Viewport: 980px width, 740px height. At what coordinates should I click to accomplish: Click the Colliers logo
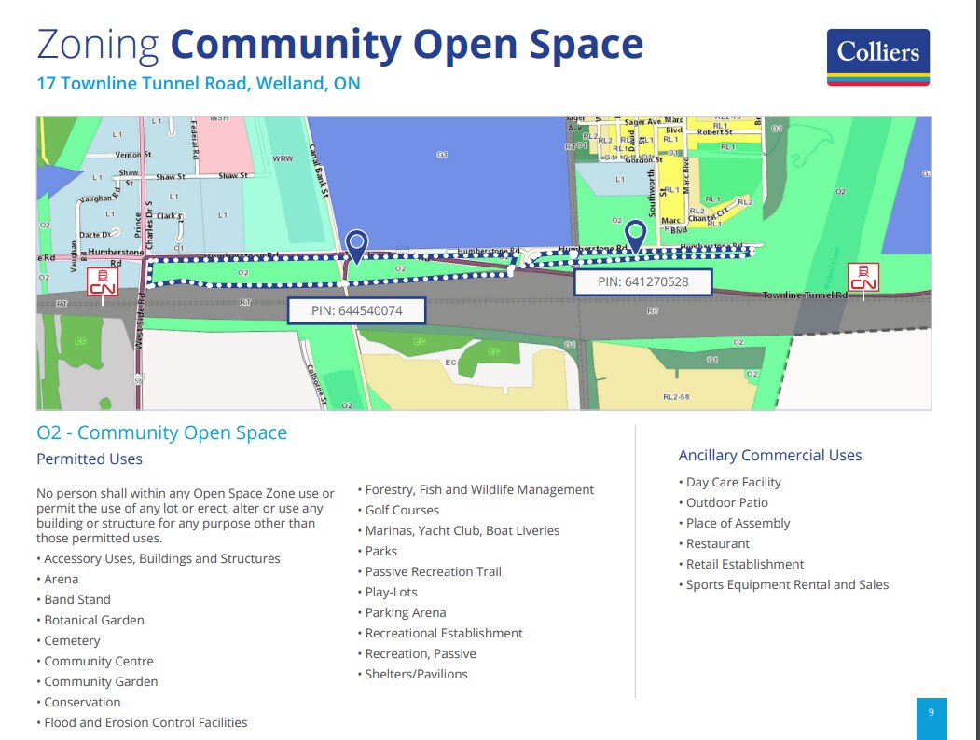point(877,56)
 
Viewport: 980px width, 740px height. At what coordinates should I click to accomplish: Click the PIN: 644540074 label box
point(356,310)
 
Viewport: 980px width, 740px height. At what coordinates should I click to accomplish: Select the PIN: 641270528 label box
point(642,281)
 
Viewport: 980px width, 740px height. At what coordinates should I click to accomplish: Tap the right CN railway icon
point(863,277)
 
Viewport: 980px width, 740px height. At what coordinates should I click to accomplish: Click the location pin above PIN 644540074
point(356,246)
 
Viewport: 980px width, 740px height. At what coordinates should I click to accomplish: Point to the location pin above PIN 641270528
point(636,235)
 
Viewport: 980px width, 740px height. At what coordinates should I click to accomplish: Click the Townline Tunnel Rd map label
point(804,295)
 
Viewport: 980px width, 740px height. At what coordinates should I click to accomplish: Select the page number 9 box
point(931,714)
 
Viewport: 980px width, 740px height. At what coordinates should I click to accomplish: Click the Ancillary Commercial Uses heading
point(769,456)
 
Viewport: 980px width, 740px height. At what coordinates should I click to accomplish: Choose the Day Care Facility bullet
point(733,483)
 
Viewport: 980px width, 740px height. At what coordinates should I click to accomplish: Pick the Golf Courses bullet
point(402,511)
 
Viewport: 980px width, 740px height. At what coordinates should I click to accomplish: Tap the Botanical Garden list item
point(94,621)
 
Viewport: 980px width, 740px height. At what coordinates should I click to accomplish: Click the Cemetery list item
point(72,641)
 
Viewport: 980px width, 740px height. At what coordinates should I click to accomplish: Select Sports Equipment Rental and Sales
point(787,585)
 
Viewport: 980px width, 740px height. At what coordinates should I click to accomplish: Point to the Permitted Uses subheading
point(90,459)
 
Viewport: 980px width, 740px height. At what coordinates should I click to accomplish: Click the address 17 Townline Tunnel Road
point(198,84)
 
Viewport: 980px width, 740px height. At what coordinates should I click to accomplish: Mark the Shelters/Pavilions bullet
point(416,675)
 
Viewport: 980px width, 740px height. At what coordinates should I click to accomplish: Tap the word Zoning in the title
point(97,45)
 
